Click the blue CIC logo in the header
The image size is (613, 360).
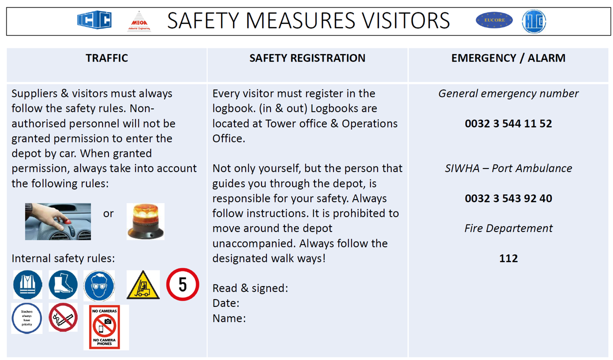coord(94,20)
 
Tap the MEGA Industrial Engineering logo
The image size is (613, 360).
coord(138,21)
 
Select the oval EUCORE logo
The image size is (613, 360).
coord(494,20)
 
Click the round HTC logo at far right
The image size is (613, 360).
coord(534,21)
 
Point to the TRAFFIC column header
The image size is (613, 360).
coord(106,58)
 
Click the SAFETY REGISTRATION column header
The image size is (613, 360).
coord(307,58)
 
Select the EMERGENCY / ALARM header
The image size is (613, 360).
coord(508,58)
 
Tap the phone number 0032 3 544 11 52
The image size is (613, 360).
coord(508,123)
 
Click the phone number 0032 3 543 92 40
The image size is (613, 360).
coord(508,198)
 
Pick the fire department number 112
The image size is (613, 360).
coord(508,258)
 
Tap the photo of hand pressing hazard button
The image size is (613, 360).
coord(58,221)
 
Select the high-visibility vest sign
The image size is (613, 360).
coord(27,285)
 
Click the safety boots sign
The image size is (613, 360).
coord(63,285)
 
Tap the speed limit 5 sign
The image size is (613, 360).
coord(182,284)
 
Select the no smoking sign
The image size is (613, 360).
coord(63,317)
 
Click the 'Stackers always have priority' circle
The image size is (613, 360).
coord(27,318)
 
